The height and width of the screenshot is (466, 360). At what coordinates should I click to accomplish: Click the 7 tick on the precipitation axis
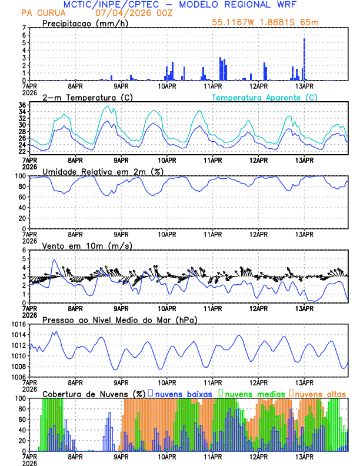23,28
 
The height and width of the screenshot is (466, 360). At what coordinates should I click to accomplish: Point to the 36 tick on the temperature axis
21,105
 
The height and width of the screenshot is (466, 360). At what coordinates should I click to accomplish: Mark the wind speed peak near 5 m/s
55,259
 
